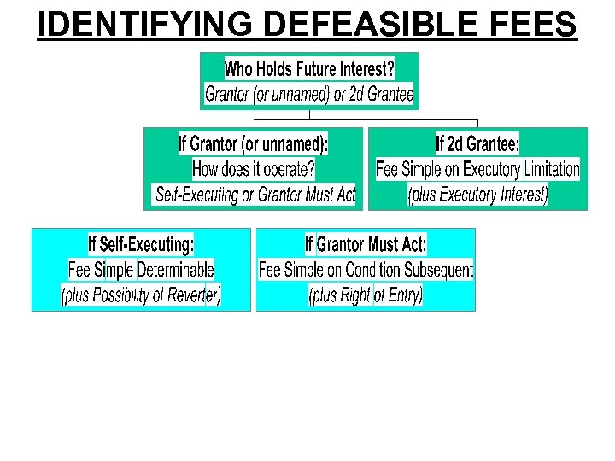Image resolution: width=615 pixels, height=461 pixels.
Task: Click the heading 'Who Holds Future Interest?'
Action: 309,67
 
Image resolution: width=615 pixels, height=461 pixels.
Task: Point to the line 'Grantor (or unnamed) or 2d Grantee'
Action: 309,94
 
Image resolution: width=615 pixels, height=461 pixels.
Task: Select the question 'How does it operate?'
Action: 254,169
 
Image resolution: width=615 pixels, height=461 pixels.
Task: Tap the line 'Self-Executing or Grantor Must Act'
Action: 255,195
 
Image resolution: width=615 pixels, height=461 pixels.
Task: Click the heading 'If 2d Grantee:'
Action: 477,143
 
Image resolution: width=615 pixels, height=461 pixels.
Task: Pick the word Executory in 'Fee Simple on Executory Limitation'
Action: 483,169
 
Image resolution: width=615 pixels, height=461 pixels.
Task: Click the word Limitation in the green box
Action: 552,169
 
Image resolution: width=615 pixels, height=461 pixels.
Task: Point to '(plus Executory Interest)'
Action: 477,195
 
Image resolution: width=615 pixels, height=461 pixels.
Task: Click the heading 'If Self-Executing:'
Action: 141,245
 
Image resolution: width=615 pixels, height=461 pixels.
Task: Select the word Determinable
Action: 176,270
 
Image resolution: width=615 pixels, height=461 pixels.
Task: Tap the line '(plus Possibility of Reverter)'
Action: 141,295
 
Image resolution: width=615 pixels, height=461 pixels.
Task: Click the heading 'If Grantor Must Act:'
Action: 366,245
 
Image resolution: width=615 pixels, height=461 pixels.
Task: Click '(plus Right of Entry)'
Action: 366,295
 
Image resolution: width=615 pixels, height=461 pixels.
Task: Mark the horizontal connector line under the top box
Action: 393,119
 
